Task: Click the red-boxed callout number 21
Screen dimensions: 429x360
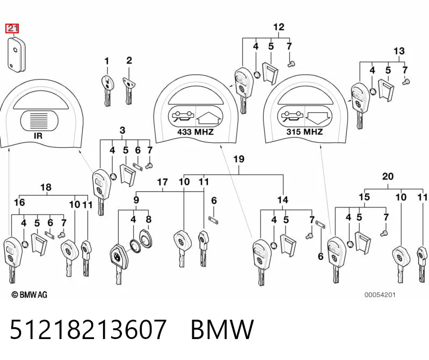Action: pyautogui.click(x=12, y=28)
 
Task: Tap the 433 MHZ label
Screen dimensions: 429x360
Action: pyautogui.click(x=195, y=132)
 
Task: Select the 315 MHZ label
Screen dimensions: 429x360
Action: pyautogui.click(x=304, y=132)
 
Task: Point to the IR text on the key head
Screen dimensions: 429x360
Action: pyautogui.click(x=38, y=136)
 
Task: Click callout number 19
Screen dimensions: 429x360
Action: pyautogui.click(x=239, y=159)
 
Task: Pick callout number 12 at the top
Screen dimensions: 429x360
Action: pyautogui.click(x=279, y=27)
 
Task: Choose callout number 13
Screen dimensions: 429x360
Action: pyautogui.click(x=399, y=51)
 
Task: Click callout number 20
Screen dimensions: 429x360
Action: pyautogui.click(x=388, y=176)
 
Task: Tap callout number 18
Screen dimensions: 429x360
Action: pyautogui.click(x=46, y=188)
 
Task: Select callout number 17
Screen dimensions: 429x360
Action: pyautogui.click(x=162, y=182)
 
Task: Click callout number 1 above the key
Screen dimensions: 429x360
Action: pyautogui.click(x=107, y=61)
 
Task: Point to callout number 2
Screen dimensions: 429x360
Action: pyautogui.click(x=129, y=60)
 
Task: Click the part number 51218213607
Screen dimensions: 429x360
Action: pyautogui.click(x=88, y=329)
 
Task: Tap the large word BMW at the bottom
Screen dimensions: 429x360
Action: pyautogui.click(x=222, y=329)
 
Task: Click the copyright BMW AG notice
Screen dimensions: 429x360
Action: pyautogui.click(x=30, y=294)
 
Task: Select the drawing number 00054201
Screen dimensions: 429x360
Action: pyautogui.click(x=380, y=295)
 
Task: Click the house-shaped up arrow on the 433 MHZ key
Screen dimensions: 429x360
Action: pyautogui.click(x=209, y=117)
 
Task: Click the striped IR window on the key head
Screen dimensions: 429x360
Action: pyautogui.click(x=40, y=120)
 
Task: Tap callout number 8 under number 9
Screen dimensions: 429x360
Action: pyautogui.click(x=148, y=219)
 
